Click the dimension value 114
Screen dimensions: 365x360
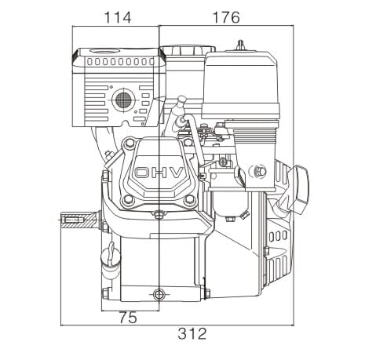[x=118, y=17]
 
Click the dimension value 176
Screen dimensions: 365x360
[x=226, y=17]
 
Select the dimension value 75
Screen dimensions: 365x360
[x=128, y=318]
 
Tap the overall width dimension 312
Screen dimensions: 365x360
[x=192, y=333]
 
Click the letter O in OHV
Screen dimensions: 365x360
[x=143, y=173]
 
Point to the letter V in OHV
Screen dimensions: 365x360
[x=176, y=173]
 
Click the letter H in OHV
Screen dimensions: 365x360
[x=160, y=173]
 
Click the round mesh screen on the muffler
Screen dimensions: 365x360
[x=123, y=100]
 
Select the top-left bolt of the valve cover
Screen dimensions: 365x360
[x=128, y=143]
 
